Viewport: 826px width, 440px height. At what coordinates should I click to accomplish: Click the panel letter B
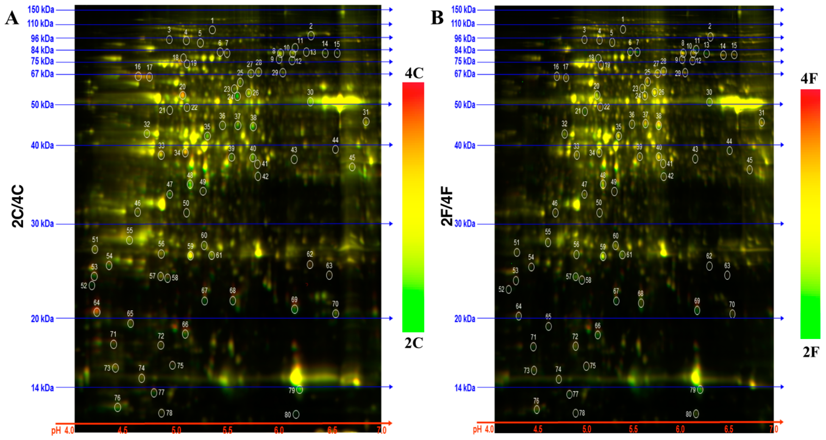pyautogui.click(x=437, y=18)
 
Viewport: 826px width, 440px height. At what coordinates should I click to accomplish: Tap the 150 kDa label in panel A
pyautogui.click(x=41, y=9)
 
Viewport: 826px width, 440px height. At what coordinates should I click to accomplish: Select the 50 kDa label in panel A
pyautogui.click(x=42, y=105)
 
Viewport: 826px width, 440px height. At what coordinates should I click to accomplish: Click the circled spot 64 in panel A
pyautogui.click(x=97, y=312)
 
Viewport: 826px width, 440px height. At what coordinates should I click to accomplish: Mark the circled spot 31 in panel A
pyautogui.click(x=366, y=122)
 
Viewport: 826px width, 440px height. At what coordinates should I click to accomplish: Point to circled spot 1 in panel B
pyautogui.click(x=623, y=29)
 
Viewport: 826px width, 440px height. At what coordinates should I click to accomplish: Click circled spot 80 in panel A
pyautogui.click(x=296, y=414)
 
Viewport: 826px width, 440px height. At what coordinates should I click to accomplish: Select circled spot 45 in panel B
pyautogui.click(x=749, y=169)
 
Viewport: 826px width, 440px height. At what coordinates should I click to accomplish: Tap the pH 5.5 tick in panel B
pyautogui.click(x=633, y=429)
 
